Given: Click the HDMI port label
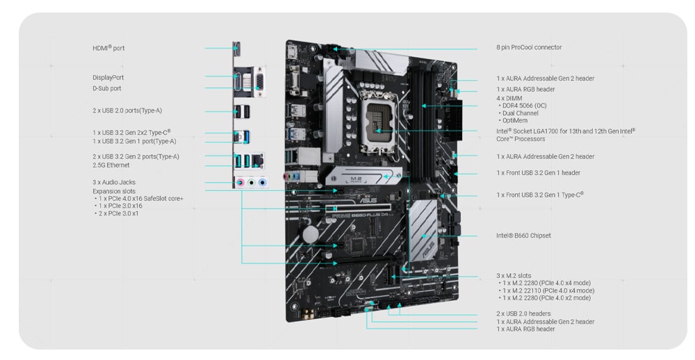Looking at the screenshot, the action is (108, 48).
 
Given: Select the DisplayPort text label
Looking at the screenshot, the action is (108, 78).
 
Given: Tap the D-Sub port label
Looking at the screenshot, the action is (107, 88).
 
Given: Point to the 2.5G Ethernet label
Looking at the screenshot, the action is (111, 165).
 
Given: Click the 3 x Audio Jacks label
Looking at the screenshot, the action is (114, 182).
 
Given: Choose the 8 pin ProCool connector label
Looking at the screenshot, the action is (529, 47).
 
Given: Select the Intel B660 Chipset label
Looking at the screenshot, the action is (523, 236).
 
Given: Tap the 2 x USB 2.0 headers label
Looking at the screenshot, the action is (523, 313).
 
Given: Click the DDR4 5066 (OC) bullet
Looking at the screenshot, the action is (522, 106).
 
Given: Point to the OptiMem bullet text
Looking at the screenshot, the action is (513, 121).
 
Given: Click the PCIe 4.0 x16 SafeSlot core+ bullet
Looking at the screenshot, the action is (139, 199).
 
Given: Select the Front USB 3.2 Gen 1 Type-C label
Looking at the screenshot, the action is (540, 195).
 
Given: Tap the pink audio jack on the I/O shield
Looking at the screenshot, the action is (240, 182).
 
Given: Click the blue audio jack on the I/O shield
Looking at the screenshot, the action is (263, 182).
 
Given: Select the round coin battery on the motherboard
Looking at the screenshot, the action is (310, 234).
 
